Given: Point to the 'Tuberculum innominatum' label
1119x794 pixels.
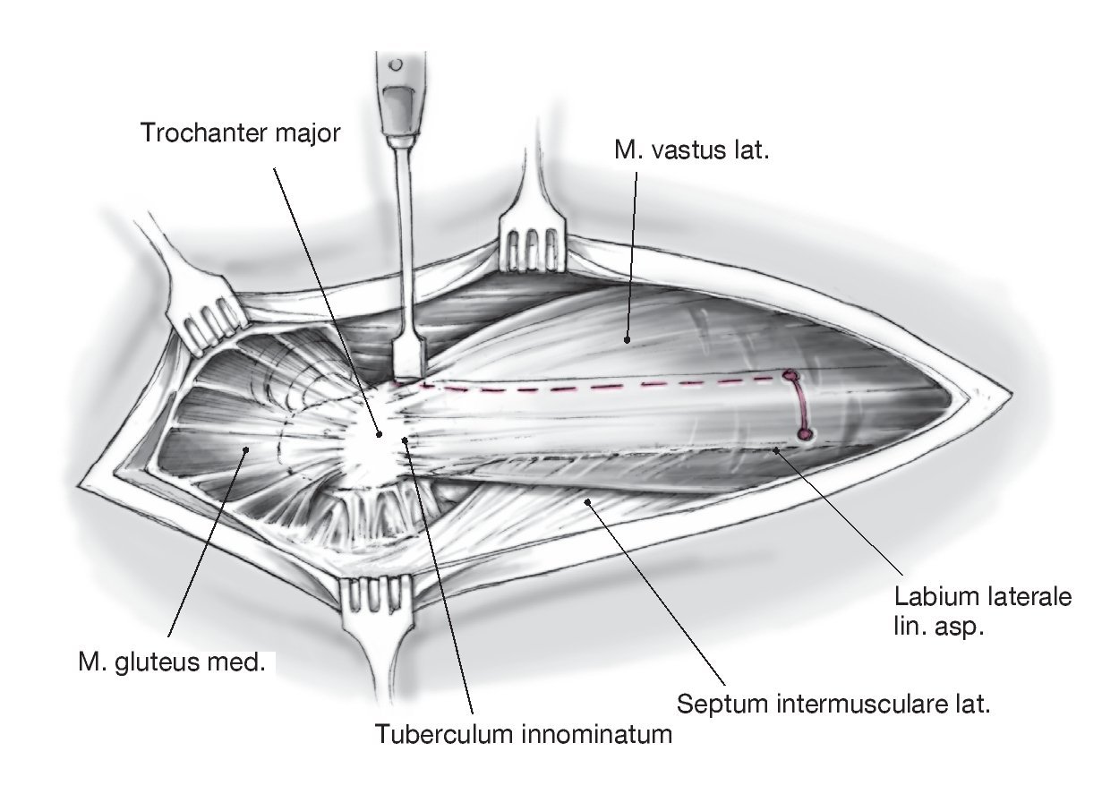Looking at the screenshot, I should click(x=524, y=735).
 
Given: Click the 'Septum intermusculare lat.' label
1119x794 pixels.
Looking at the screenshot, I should click(x=833, y=703).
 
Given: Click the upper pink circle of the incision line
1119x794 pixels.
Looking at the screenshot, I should click(x=790, y=376).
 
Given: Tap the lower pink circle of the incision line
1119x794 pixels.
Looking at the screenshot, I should click(x=804, y=435).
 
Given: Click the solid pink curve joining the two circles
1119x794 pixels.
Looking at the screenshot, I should click(x=801, y=406).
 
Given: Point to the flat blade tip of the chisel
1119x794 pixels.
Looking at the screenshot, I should click(x=407, y=362).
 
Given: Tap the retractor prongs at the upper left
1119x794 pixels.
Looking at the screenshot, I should click(x=212, y=321).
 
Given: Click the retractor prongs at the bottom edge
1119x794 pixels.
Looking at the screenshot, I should click(x=377, y=595).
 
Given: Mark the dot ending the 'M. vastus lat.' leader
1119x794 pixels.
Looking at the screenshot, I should click(x=627, y=340).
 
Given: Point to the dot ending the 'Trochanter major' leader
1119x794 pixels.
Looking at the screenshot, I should click(x=380, y=434).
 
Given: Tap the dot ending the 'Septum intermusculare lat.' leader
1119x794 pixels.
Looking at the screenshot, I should click(x=586, y=502).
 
